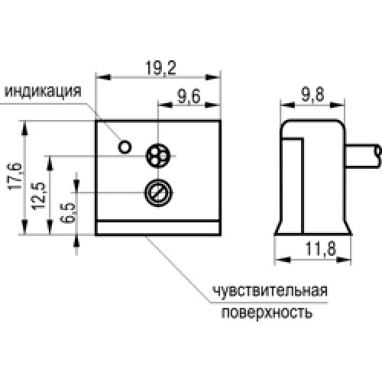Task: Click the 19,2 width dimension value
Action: [x=160, y=68]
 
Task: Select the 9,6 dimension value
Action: [x=189, y=96]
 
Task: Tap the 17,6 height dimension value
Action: [x=15, y=177]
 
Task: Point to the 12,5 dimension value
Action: [x=38, y=196]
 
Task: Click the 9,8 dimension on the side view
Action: [x=312, y=95]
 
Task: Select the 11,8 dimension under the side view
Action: [x=321, y=248]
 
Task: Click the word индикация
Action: [x=43, y=92]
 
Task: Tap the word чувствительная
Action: [x=270, y=290]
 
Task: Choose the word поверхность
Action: [x=267, y=312]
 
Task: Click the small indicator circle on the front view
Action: [x=125, y=147]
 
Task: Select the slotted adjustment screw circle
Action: [x=158, y=193]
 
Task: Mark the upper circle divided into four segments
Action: [x=158, y=156]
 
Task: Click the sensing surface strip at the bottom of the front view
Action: [x=158, y=228]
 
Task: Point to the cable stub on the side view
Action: [x=364, y=156]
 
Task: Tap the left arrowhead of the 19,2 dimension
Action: [x=103, y=77]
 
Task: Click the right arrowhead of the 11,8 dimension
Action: [x=344, y=260]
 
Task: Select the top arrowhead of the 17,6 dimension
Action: [x=24, y=128]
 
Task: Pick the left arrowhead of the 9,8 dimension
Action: [x=287, y=105]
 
